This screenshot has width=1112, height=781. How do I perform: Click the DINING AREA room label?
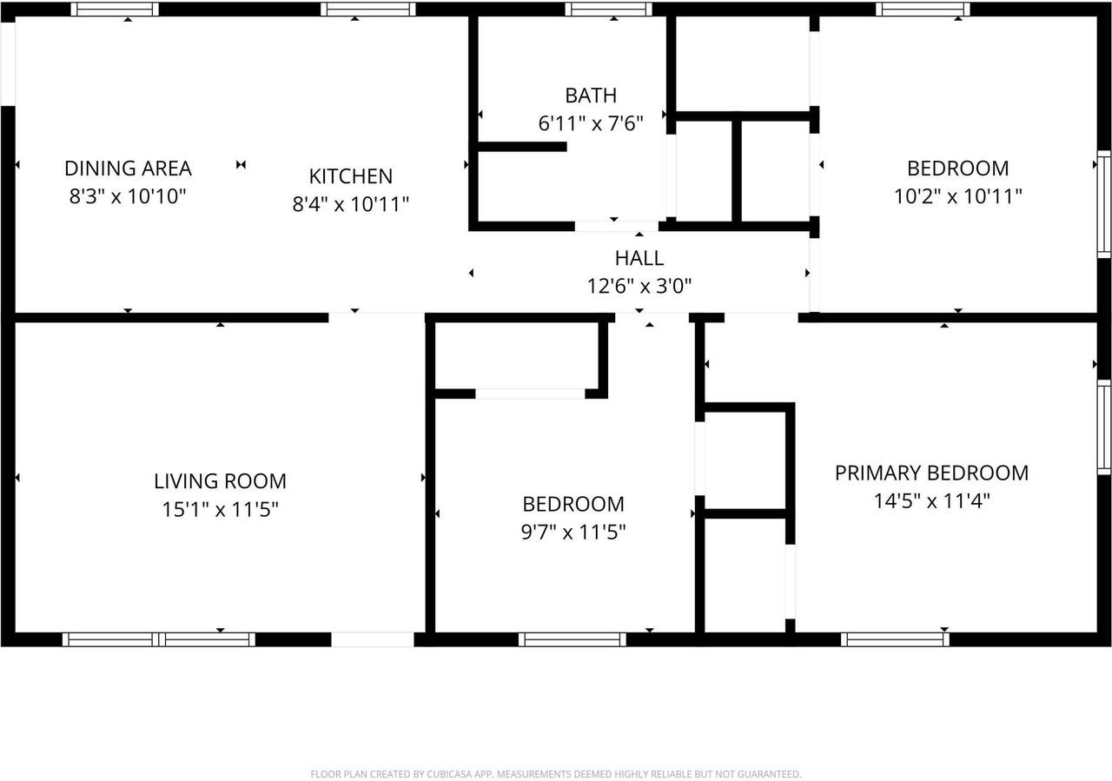click(128, 168)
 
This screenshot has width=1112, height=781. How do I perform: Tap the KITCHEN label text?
click(351, 176)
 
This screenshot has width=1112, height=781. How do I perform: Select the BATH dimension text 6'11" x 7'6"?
click(591, 123)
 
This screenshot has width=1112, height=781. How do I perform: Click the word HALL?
click(639, 258)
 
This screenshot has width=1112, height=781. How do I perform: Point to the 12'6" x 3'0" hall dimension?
click(639, 285)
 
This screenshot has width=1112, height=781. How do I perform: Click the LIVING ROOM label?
click(220, 481)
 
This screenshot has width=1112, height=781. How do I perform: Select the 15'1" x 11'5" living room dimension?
click(220, 509)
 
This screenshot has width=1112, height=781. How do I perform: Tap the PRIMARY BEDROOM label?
click(931, 473)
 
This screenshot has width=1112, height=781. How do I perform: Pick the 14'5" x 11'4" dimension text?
click(931, 501)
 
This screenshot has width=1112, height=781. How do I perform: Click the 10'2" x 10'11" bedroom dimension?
click(957, 196)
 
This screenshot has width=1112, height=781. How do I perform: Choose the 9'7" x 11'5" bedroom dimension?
click(573, 532)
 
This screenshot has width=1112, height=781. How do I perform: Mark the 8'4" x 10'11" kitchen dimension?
click(351, 204)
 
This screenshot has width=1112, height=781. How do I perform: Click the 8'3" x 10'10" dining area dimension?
click(128, 196)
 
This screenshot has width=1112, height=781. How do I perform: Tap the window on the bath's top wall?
click(608, 10)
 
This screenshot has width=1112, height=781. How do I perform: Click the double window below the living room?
click(159, 639)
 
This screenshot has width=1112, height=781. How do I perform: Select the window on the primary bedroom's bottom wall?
click(895, 639)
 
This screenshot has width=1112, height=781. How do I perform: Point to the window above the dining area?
click(115, 10)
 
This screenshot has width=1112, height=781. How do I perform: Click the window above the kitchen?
click(367, 10)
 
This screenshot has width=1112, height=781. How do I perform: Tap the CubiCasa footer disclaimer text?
click(556, 773)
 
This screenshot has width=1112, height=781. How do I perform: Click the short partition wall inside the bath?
click(521, 147)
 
